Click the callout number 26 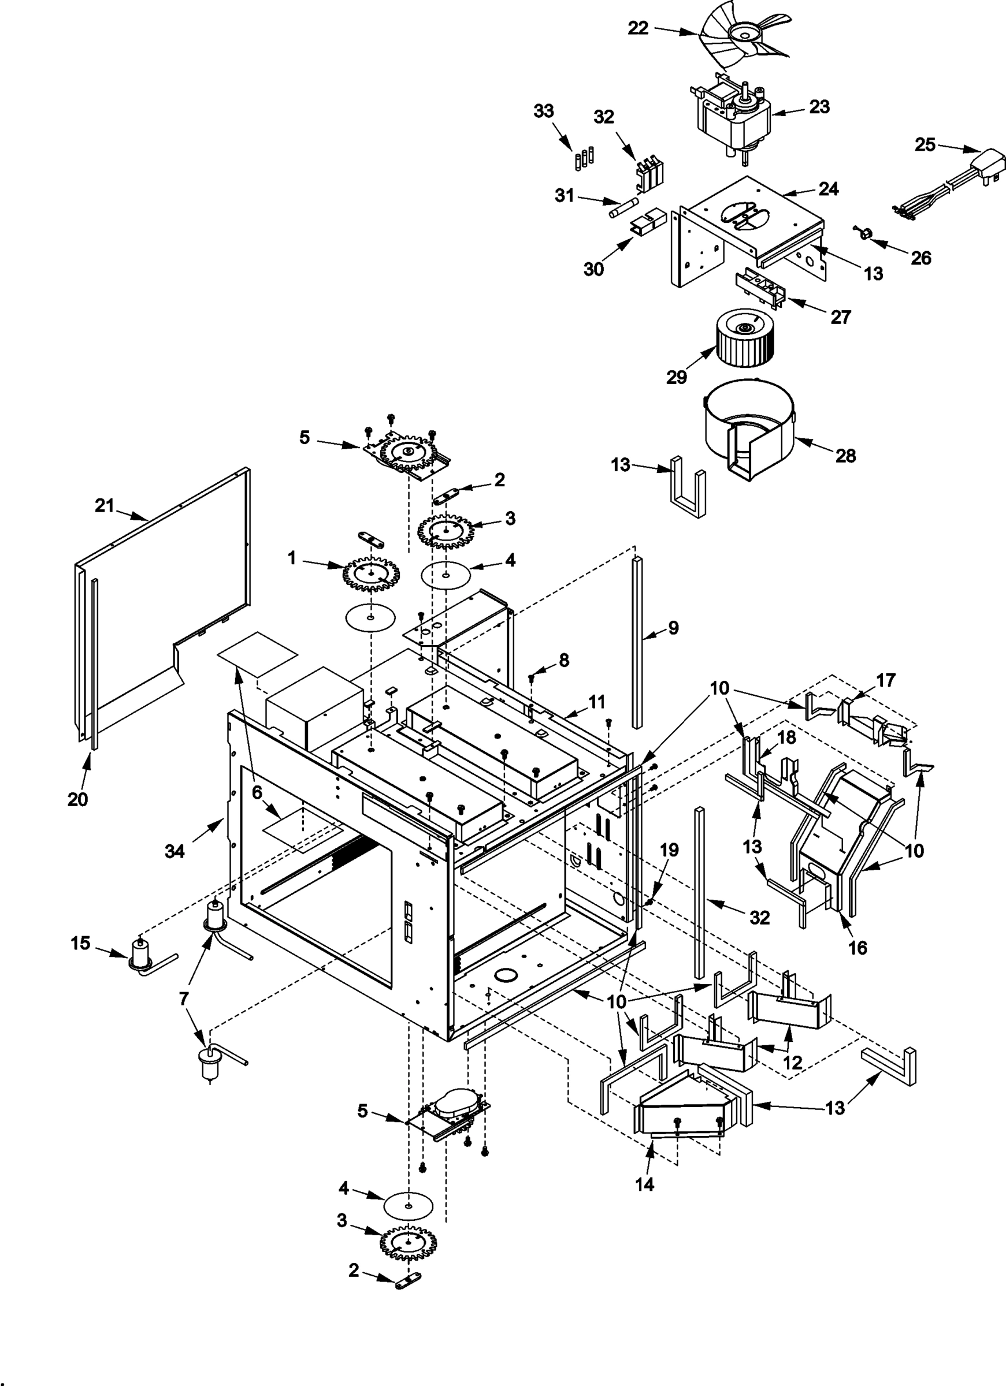[920, 258]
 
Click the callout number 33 [543, 111]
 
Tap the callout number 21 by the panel [105, 505]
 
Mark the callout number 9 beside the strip [673, 627]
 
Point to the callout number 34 [175, 851]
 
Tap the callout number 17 [886, 680]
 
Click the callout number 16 [858, 947]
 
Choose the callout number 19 [670, 850]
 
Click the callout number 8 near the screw [563, 660]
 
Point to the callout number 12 [793, 1062]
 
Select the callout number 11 [597, 701]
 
